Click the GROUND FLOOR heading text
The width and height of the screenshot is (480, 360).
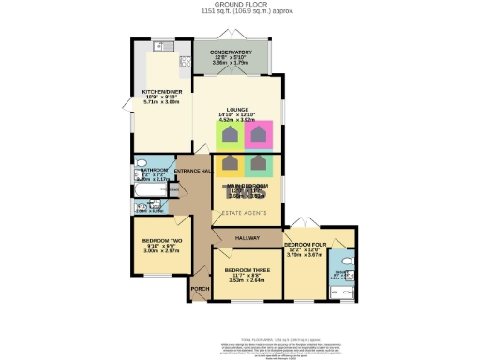click(x=239, y=5)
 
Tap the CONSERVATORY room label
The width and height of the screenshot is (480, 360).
click(x=230, y=53)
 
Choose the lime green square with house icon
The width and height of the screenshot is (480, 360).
click(x=230, y=136)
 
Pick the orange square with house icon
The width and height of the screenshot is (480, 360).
click(x=230, y=165)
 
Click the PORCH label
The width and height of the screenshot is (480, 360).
click(x=200, y=289)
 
